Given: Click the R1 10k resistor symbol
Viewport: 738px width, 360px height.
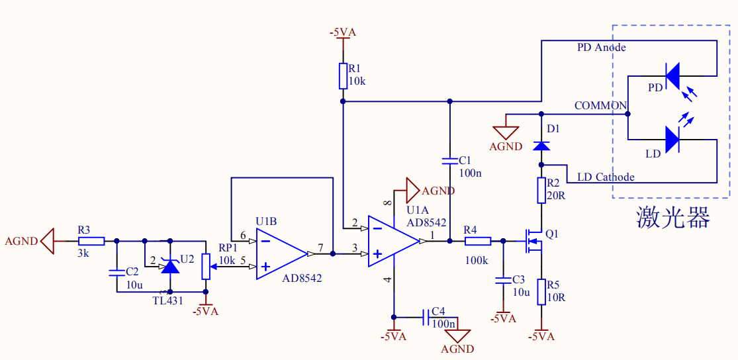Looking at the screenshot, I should point(343,75).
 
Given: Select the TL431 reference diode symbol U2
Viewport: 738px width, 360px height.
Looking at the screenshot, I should point(171,266).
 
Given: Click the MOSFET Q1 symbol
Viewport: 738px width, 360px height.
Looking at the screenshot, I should point(533,242).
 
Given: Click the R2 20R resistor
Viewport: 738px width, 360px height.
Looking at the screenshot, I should point(541,190).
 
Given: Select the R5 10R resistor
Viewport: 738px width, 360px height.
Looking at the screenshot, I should point(541,291).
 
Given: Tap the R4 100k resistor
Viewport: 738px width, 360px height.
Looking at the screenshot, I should point(478,241).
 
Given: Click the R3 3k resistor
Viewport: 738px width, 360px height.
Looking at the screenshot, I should point(91,241).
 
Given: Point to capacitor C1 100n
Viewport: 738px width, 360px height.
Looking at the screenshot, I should point(449,161).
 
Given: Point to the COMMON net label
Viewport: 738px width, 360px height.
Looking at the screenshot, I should point(600,106).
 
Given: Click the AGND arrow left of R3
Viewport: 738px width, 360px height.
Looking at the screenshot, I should point(46,241).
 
